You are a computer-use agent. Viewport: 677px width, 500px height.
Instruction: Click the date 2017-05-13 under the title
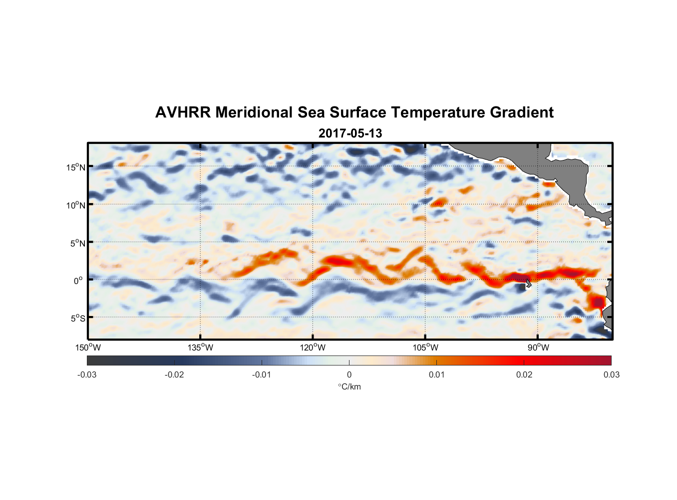[350, 133]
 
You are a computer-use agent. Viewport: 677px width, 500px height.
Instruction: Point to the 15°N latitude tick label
[76, 167]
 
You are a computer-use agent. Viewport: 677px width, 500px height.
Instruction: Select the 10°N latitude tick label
[76, 205]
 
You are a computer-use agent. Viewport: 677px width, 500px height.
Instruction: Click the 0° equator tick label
[78, 280]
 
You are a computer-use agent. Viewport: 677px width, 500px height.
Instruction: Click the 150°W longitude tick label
[88, 347]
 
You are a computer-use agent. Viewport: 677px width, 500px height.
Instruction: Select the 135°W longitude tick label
[200, 347]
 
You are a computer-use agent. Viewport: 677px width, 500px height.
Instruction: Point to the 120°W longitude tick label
[313, 347]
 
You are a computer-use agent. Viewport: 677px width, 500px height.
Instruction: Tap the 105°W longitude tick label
[425, 347]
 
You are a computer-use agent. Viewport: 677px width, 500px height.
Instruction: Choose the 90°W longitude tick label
[538, 347]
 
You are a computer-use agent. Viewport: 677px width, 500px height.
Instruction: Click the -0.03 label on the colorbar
[87, 375]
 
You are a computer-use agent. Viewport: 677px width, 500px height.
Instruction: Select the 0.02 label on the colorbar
[524, 375]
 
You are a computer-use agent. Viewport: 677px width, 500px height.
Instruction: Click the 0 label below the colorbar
[349, 375]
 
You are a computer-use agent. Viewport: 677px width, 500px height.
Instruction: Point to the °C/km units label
[349, 386]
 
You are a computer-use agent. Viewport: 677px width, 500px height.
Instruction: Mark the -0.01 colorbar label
[262, 375]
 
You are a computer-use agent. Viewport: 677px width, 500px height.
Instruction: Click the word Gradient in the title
[522, 112]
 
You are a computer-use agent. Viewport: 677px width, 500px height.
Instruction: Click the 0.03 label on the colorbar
[611, 375]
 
